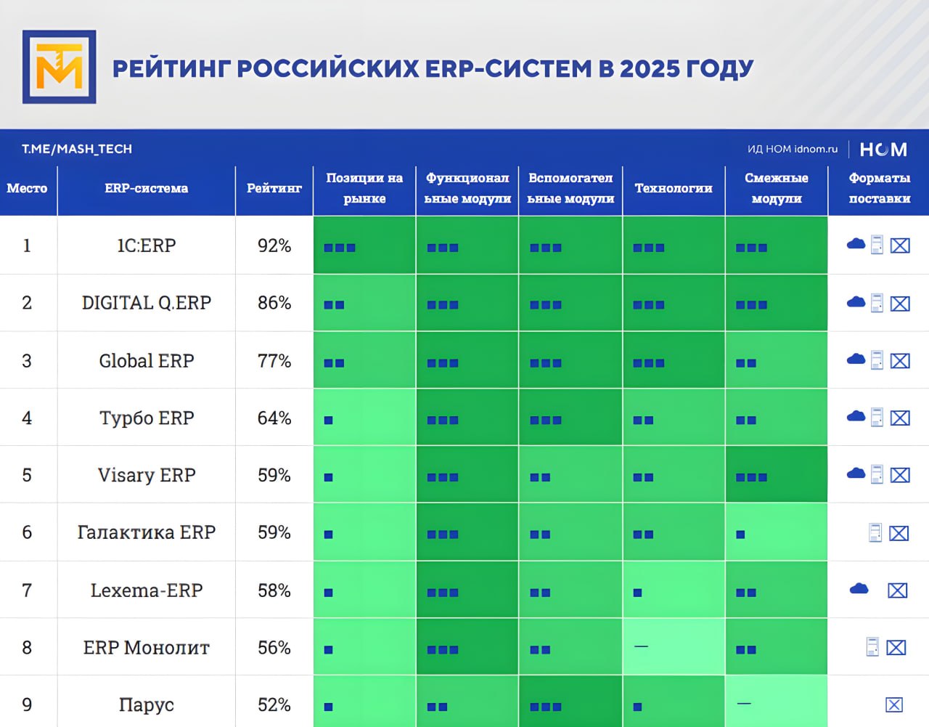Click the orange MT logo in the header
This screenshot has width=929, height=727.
[x=59, y=67]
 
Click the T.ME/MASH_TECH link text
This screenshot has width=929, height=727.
[x=77, y=149]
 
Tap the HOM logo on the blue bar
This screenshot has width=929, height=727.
[x=883, y=149]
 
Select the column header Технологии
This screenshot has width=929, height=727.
[x=674, y=188]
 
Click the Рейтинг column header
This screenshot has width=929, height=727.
[x=274, y=188]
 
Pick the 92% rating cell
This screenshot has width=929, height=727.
[x=274, y=245]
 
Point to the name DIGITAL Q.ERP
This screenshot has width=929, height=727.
[x=146, y=303]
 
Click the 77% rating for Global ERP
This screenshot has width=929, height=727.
[x=274, y=360]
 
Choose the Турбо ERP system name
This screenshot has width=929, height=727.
[x=146, y=418]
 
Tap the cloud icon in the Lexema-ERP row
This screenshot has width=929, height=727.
[x=859, y=589]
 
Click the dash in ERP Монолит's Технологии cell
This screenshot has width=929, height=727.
[x=641, y=646]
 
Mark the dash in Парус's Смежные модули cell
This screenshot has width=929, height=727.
[x=744, y=704]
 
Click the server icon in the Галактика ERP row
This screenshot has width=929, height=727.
[x=875, y=533]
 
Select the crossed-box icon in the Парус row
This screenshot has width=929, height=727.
[x=894, y=704]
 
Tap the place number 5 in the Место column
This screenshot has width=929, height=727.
[x=27, y=475]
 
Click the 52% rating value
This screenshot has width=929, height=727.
[x=274, y=704]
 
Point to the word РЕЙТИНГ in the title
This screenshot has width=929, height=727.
[x=171, y=69]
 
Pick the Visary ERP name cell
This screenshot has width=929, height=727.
[x=146, y=475]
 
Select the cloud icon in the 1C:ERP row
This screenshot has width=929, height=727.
[x=856, y=244]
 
